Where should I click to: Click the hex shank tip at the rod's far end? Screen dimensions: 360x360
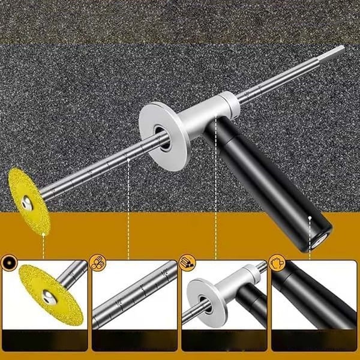click(339, 50)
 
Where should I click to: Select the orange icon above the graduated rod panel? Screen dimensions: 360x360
click(97, 262)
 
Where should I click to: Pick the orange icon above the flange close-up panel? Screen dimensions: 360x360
click(187, 262)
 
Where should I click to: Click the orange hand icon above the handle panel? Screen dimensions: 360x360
click(277, 262)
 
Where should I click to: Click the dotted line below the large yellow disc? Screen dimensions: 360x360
click(44, 240)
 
